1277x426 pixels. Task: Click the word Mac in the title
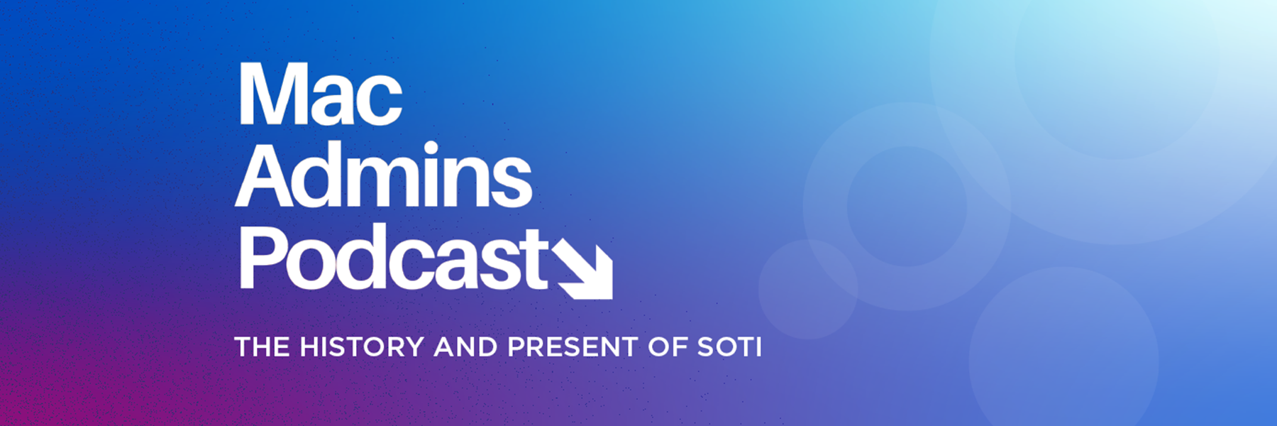pos(320,94)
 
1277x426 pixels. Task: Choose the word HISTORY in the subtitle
pos(362,347)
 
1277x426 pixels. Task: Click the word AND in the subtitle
pos(465,347)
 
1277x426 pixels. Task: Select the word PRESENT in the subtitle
pos(573,347)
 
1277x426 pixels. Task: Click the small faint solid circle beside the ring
pos(807,290)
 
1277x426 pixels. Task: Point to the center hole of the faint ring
pos(907,207)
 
